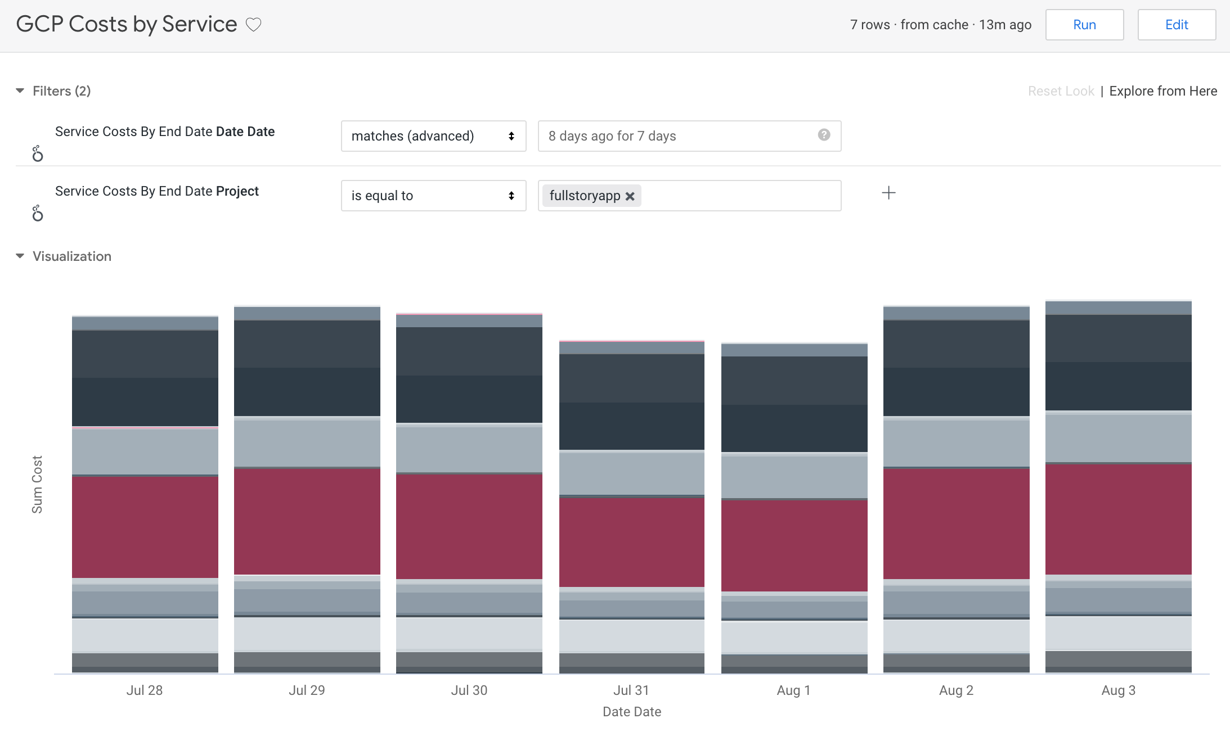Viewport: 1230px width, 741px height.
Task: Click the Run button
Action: pyautogui.click(x=1084, y=25)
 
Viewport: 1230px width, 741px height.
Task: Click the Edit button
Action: pyautogui.click(x=1177, y=25)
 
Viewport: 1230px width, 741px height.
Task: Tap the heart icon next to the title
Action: pyautogui.click(x=254, y=25)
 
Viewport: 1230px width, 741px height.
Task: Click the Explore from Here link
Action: pyautogui.click(x=1163, y=91)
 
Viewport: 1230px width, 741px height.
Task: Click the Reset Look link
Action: pyautogui.click(x=1061, y=91)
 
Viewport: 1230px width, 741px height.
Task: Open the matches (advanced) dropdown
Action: pyautogui.click(x=433, y=136)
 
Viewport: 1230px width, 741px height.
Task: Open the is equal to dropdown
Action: pyautogui.click(x=433, y=196)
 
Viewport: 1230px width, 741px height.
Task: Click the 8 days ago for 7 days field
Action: pyautogui.click(x=675, y=136)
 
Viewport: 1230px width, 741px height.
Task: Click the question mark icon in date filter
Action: pyautogui.click(x=824, y=135)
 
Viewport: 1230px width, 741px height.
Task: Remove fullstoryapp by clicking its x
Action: pyautogui.click(x=630, y=196)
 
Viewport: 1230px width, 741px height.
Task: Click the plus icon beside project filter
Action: pyautogui.click(x=888, y=193)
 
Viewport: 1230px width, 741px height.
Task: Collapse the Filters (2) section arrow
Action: pyautogui.click(x=20, y=91)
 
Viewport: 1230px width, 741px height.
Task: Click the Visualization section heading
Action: pyautogui.click(x=72, y=256)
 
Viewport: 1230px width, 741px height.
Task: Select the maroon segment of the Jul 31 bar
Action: pyautogui.click(x=631, y=542)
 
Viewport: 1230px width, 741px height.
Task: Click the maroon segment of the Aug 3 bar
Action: pyautogui.click(x=1118, y=518)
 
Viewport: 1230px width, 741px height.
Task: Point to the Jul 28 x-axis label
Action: pyautogui.click(x=145, y=690)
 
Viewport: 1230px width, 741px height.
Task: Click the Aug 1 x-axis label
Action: pyautogui.click(x=793, y=690)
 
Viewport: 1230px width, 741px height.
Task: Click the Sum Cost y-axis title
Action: pyautogui.click(x=37, y=484)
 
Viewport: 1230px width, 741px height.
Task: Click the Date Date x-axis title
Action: pyautogui.click(x=631, y=712)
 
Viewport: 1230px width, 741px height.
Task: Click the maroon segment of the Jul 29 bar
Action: pyautogui.click(x=307, y=521)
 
